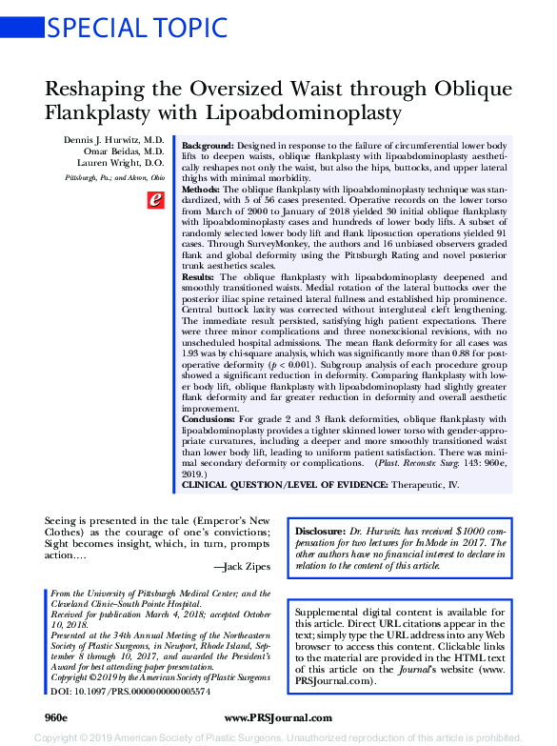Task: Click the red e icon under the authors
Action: (154, 199)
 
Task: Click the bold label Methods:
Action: (201, 190)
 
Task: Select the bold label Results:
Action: (199, 276)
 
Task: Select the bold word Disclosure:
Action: (320, 530)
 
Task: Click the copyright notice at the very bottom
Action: (278, 736)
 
